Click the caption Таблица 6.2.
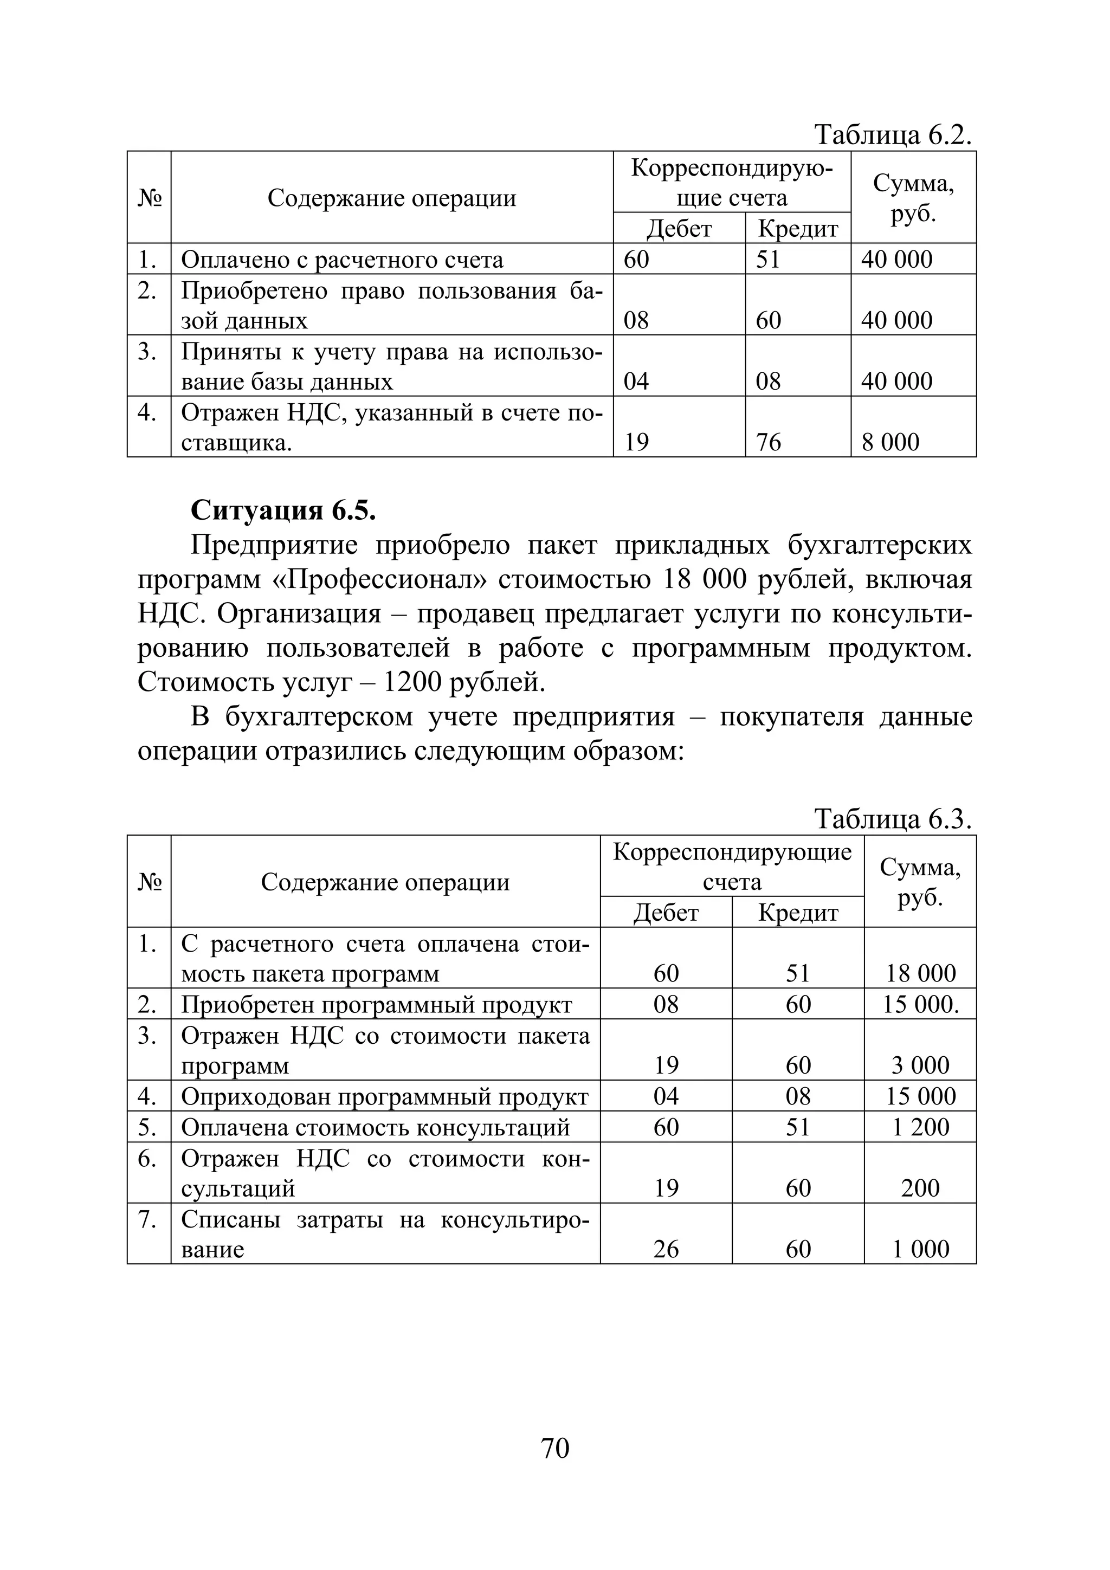pos(893,135)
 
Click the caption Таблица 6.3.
pos(893,819)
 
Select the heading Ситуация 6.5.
pos(283,510)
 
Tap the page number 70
pos(554,1448)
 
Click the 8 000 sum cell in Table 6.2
pos(890,442)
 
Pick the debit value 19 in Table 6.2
pos(636,442)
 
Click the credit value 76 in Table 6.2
pos(768,442)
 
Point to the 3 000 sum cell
pos(920,1065)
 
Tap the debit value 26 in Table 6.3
pos(666,1249)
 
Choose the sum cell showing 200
pos(920,1188)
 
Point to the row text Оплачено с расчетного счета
pos(342,260)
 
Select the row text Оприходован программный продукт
pos(384,1097)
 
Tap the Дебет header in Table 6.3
pos(666,913)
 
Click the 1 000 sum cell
pos(920,1249)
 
